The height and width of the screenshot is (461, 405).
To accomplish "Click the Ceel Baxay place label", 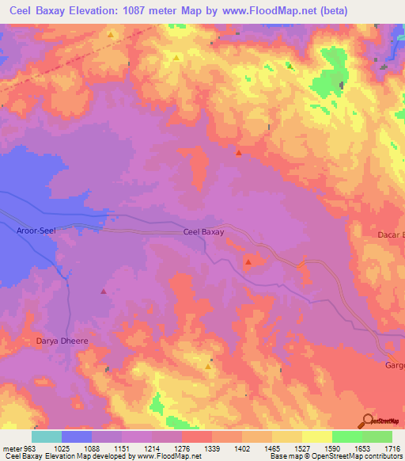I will point(203,232).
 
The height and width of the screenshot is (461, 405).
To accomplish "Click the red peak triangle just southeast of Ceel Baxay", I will point(248,261).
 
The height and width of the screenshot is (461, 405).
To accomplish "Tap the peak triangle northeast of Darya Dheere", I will point(103,291).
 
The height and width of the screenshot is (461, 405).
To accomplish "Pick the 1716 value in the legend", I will point(392,449).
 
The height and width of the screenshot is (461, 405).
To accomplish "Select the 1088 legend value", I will point(91,449).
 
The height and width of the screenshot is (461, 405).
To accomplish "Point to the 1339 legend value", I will point(211,449).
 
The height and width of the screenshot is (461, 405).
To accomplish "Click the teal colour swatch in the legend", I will point(47,436).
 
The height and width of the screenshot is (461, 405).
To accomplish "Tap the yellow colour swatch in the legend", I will point(316,436).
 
